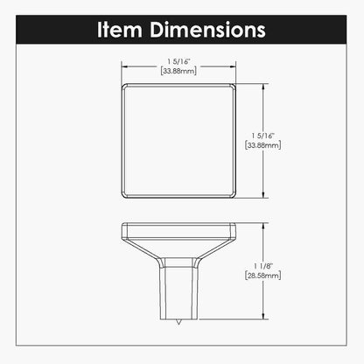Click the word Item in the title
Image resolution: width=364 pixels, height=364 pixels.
pyautogui.click(x=120, y=30)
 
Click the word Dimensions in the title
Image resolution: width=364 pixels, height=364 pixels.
pyautogui.click(x=207, y=30)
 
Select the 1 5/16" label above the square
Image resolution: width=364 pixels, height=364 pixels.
pyautogui.click(x=178, y=61)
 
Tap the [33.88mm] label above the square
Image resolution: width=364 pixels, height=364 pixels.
pyautogui.click(x=178, y=71)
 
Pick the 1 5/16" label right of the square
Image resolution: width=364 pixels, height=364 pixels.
pyautogui.click(x=263, y=136)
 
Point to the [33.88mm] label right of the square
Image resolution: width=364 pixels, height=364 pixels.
pyautogui.click(x=263, y=145)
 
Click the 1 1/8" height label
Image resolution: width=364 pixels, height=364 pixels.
pyautogui.click(x=263, y=266)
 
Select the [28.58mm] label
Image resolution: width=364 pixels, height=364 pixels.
pyautogui.click(x=263, y=276)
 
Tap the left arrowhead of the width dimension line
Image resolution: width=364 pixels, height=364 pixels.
pyautogui.click(x=124, y=66)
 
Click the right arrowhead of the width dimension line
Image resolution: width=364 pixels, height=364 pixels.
pyautogui.click(x=233, y=66)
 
